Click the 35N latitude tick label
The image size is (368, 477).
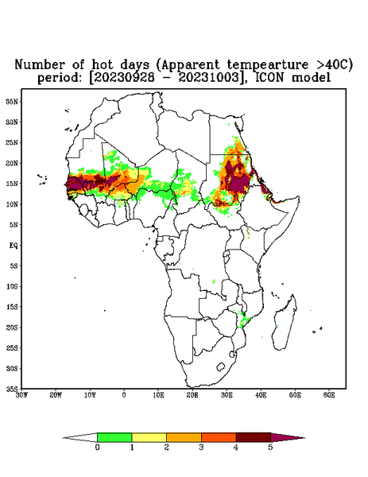tap(13, 101)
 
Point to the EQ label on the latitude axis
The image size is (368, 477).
tap(14, 245)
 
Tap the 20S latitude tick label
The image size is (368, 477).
tap(13, 328)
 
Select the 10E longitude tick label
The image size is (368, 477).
tap(158, 395)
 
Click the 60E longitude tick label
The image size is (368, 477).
tap(329, 395)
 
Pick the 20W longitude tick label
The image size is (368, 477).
tap(56, 395)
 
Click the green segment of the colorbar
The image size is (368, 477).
tap(114, 437)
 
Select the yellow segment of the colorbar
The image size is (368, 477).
tap(149, 437)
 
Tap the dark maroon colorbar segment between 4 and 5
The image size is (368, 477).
tap(254, 437)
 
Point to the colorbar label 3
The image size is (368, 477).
tap(201, 447)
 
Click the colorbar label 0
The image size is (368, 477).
tap(97, 447)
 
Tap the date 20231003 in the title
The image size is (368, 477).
tap(208, 77)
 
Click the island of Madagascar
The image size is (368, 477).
tap(285, 322)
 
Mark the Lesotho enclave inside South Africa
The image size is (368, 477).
tap(221, 366)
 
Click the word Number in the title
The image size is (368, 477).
tap(40, 64)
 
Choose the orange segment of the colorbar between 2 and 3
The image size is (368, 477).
tap(184, 437)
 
